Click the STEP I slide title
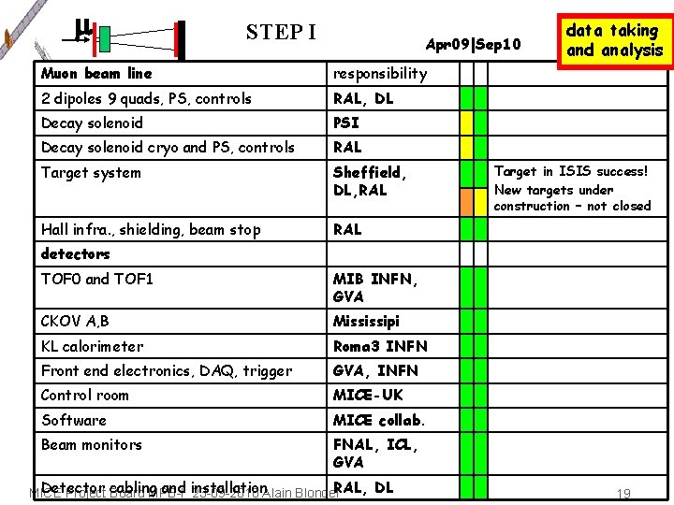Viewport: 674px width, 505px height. click(281, 32)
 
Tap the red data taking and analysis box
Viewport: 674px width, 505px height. click(613, 40)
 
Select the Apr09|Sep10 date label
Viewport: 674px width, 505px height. click(473, 44)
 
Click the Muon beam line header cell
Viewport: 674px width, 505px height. click(96, 73)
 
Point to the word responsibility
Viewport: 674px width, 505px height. click(380, 73)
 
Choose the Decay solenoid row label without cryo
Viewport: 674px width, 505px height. click(92, 123)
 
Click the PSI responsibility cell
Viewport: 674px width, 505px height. click(346, 123)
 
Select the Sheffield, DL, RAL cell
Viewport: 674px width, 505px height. click(369, 180)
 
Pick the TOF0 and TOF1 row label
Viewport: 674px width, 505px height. click(97, 279)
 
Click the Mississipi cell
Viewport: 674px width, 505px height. click(366, 321)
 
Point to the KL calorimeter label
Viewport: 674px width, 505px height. click(92, 346)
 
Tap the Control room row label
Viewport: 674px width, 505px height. click(84, 395)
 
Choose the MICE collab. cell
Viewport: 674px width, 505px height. click(379, 420)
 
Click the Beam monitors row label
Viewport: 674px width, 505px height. click(92, 444)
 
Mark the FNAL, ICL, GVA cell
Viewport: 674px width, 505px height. click(374, 453)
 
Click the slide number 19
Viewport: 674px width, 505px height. click(623, 493)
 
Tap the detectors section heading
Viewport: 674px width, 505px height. click(75, 253)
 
